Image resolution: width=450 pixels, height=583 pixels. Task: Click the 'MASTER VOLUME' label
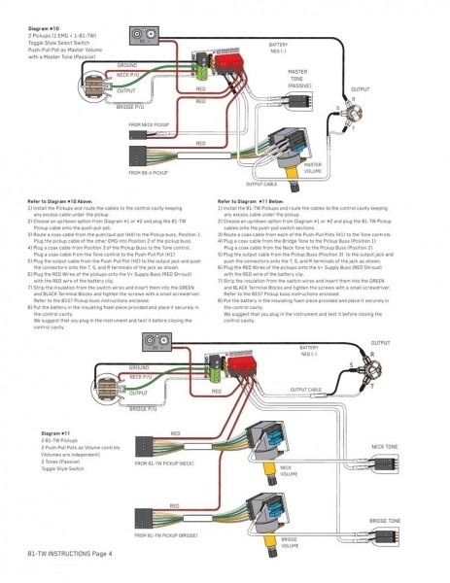pyautogui.click(x=313, y=167)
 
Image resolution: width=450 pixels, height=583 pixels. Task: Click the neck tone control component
pyautogui.click(x=388, y=475)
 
